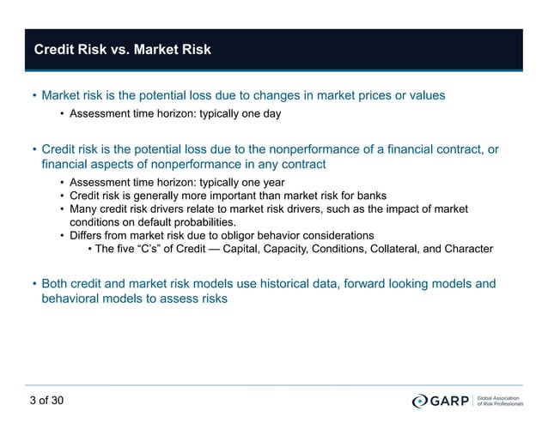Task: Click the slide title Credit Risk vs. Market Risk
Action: pyautogui.click(x=122, y=50)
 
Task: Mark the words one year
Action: pyautogui.click(x=259, y=182)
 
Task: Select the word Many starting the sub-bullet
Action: pyautogui.click(x=84, y=208)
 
